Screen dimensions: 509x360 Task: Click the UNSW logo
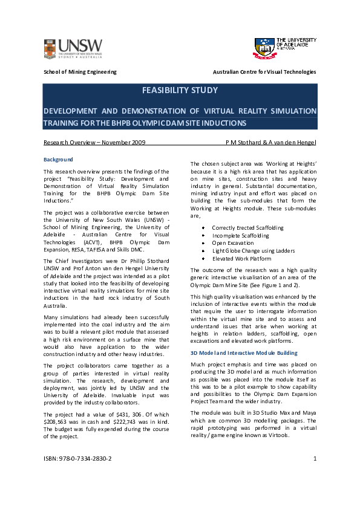[x=73, y=48]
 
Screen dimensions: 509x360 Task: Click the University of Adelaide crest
[x=264, y=48]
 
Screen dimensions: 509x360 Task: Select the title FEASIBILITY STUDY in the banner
[x=180, y=91]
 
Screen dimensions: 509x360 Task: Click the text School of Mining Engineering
[x=80, y=72]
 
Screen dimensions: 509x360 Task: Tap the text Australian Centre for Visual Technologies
[x=264, y=72]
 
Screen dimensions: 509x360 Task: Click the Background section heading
[x=58, y=160]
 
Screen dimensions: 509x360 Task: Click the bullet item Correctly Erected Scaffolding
[x=247, y=227]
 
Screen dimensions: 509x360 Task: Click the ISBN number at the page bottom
[x=77, y=458]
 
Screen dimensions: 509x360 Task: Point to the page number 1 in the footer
[x=315, y=458]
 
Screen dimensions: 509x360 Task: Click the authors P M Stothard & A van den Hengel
[x=270, y=143]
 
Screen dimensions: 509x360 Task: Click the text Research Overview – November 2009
[x=94, y=143]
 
